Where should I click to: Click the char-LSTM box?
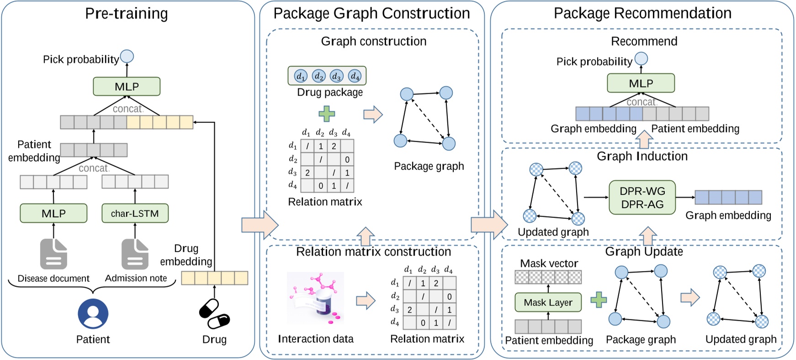135,213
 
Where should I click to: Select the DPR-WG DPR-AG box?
642,198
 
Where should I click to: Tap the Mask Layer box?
548,302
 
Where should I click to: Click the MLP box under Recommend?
641,83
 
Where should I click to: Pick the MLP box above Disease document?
53,213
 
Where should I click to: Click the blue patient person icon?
93,314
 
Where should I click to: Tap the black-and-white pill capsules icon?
214,314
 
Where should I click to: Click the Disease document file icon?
53,254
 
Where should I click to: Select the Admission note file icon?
135,254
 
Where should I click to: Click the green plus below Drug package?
327,113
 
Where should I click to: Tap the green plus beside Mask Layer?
599,300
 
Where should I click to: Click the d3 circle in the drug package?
337,76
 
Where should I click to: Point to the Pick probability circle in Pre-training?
127,57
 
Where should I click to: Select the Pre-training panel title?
127,13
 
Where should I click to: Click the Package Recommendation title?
642,13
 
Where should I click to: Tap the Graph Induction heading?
642,156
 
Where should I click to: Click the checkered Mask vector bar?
548,277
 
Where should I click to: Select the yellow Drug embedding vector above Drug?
214,278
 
